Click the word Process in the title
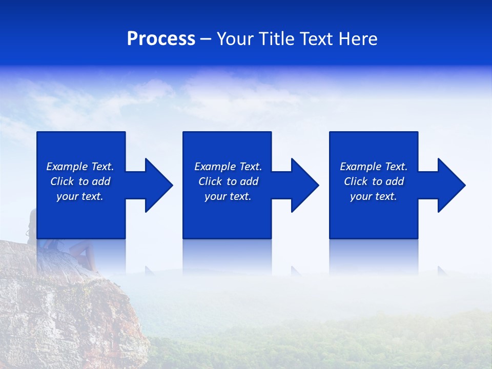(x=161, y=39)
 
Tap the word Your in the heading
(x=235, y=39)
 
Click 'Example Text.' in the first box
(x=80, y=167)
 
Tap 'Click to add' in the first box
(x=80, y=181)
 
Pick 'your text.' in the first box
(x=80, y=196)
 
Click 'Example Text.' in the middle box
(x=228, y=167)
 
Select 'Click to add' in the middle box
(x=228, y=181)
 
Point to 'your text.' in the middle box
(x=228, y=196)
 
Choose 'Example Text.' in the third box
(x=374, y=167)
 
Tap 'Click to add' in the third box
(x=374, y=181)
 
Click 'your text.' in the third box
(x=374, y=196)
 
